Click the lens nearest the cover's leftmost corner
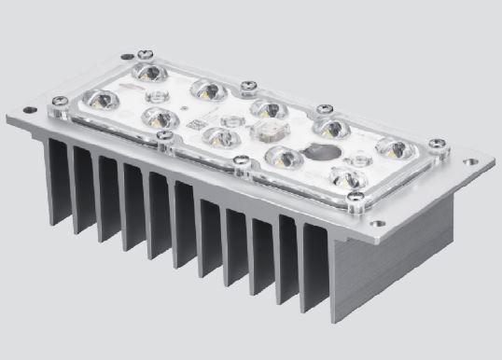point(100,99)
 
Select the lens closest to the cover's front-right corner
point(347,177)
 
